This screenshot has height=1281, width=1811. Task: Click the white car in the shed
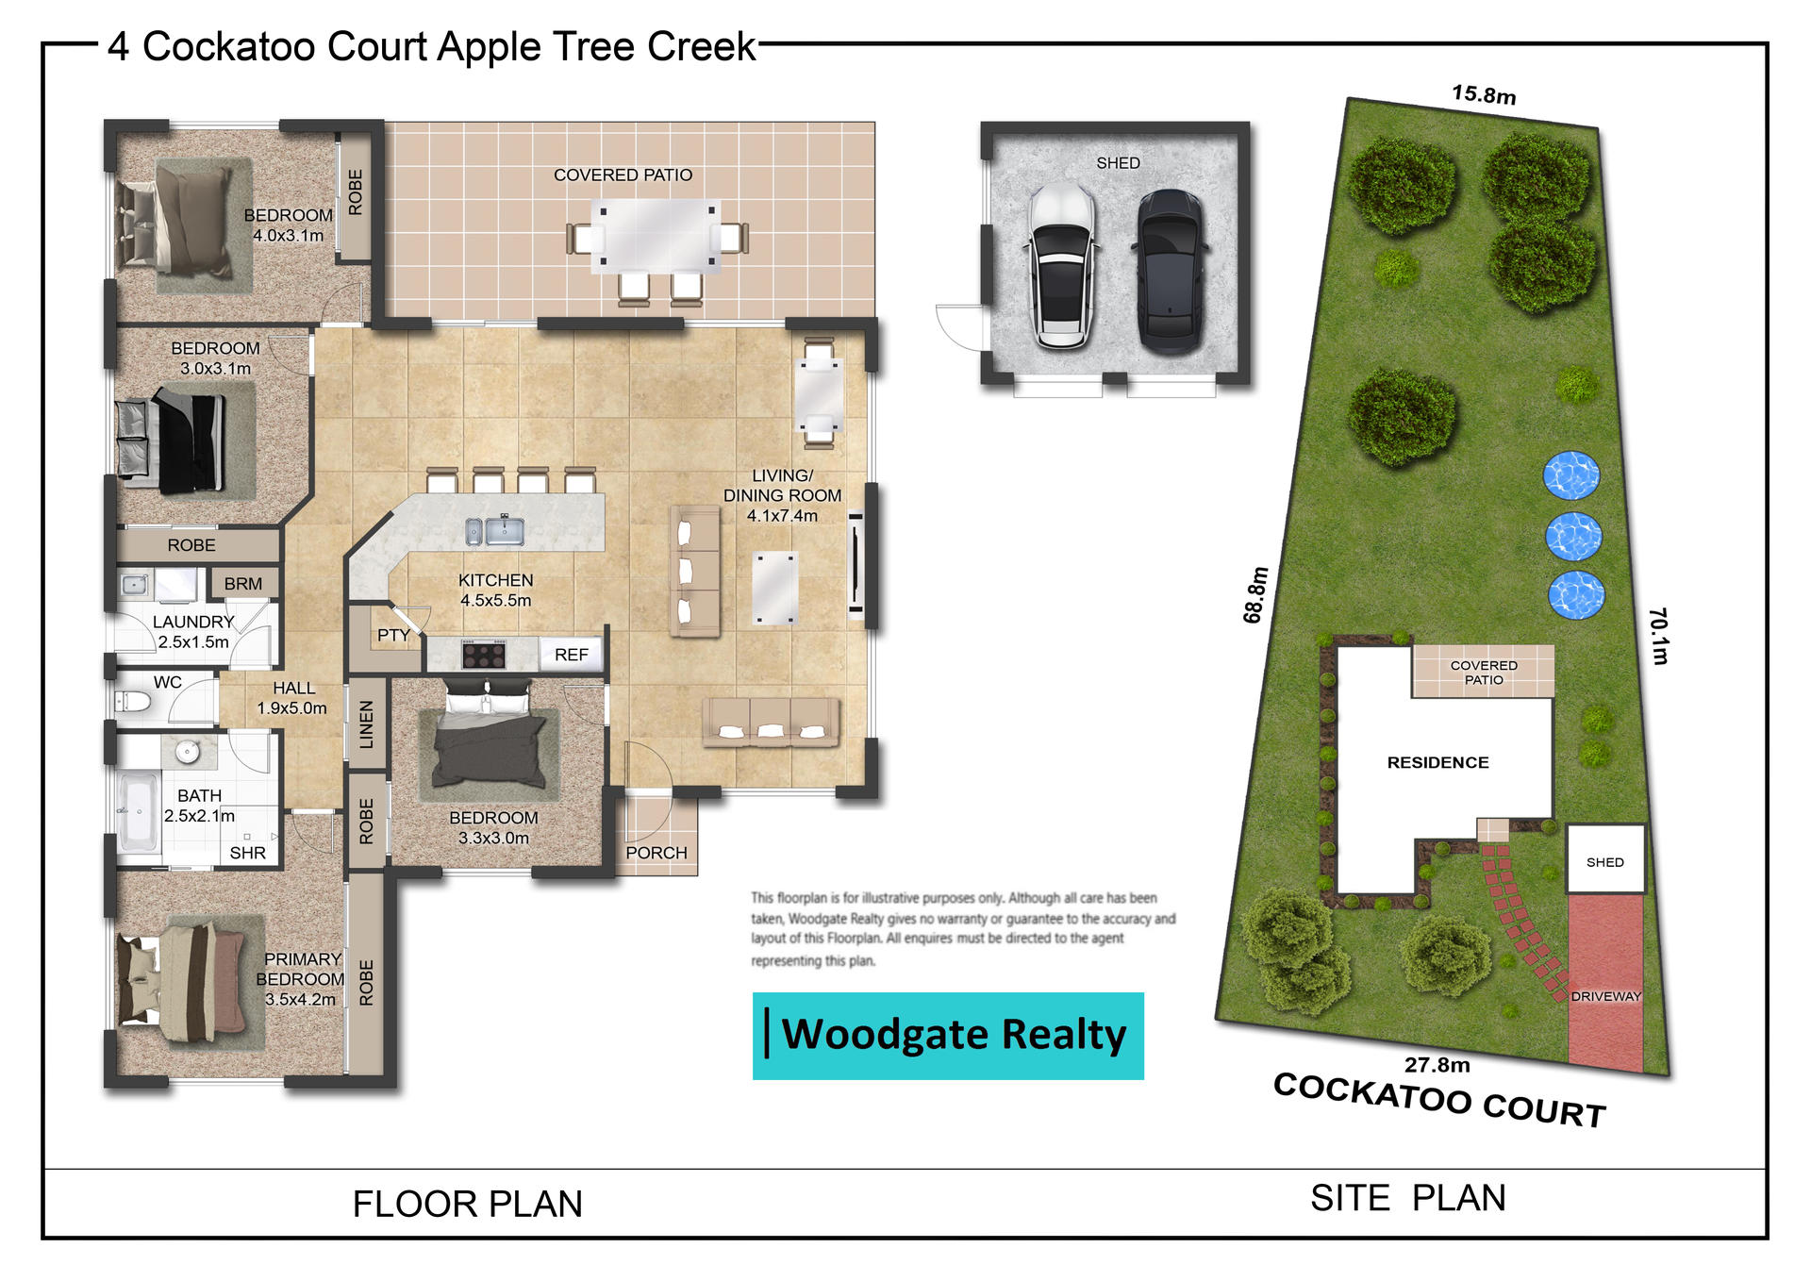1062,267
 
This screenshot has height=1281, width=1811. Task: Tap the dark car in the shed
1171,271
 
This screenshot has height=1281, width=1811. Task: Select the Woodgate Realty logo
948,1036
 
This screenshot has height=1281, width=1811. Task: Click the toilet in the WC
133,701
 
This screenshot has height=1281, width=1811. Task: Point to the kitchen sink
495,531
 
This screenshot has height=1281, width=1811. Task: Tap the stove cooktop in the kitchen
484,654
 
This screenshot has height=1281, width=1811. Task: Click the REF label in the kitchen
572,655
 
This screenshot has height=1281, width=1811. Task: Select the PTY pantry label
393,635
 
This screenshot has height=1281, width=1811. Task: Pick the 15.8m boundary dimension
1484,94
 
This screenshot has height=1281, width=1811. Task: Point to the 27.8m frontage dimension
1437,1065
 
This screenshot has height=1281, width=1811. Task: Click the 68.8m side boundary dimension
1255,595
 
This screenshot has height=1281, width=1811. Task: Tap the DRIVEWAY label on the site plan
1605,996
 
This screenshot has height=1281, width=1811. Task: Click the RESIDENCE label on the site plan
1437,762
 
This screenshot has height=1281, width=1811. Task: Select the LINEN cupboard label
367,724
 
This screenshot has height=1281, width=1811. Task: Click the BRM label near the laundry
243,584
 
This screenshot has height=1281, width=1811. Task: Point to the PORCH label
656,853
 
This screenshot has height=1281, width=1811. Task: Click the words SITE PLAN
1408,1198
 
